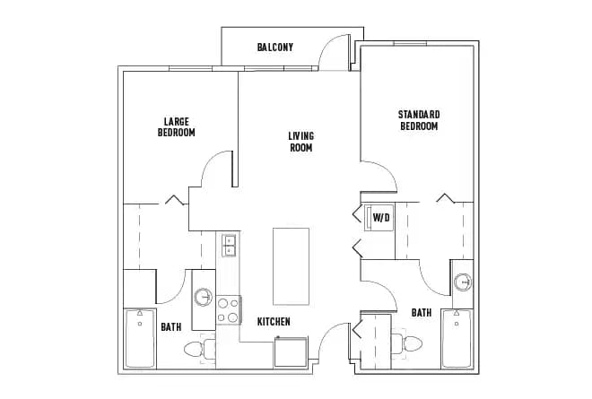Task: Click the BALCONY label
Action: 274,48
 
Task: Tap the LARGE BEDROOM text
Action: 176,126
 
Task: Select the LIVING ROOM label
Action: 300,142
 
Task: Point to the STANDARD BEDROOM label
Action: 419,120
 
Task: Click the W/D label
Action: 380,217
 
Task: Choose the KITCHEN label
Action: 273,321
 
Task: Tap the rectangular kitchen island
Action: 291,266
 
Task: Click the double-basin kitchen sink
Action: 229,245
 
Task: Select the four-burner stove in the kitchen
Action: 228,309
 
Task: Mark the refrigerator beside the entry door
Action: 291,351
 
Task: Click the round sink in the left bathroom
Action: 204,297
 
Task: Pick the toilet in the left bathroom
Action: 196,348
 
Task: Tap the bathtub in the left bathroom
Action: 139,338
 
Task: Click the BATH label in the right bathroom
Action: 421,313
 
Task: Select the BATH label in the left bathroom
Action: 171,327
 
